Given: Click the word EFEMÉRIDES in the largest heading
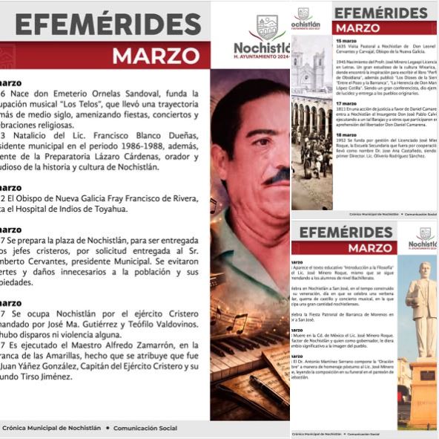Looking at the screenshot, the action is [108, 24].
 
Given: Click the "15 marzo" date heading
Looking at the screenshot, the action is [346, 40].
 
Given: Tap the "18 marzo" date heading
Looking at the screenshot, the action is [346, 134].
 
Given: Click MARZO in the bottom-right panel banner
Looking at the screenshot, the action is [370, 248].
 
